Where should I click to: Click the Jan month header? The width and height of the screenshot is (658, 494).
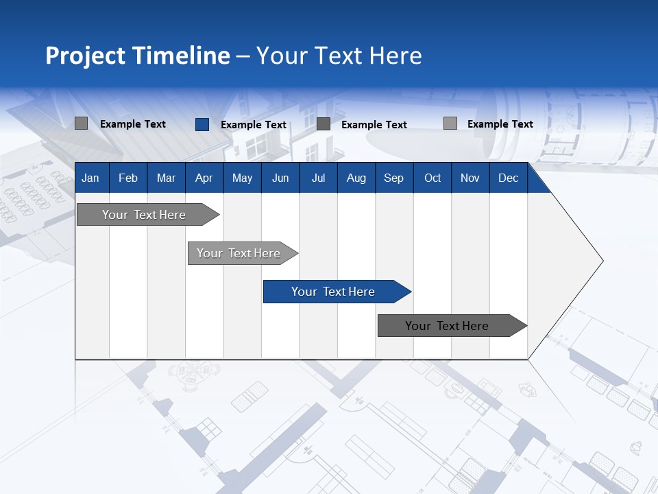point(90,178)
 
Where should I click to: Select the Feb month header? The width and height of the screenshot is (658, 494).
point(128,178)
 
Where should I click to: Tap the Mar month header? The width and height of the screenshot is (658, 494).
point(166,178)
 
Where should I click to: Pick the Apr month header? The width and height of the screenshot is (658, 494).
point(204,178)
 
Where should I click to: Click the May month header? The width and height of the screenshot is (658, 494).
point(242,178)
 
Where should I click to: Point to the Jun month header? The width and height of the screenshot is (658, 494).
point(280,178)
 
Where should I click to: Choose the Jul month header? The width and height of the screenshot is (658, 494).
point(318,178)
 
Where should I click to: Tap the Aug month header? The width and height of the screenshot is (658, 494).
point(356,178)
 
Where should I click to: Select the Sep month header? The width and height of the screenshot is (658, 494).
point(393,178)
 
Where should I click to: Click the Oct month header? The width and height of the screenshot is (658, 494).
point(432,178)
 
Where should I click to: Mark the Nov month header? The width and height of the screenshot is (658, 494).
point(470,178)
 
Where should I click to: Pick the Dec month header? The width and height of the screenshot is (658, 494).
point(508,178)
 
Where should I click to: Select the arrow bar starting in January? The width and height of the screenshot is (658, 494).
point(145,215)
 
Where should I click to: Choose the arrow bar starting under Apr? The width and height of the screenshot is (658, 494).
point(239,253)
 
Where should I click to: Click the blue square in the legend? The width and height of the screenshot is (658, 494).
point(202,124)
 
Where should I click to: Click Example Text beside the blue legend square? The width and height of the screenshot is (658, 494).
point(253,125)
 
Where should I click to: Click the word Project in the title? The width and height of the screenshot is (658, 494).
point(86,56)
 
